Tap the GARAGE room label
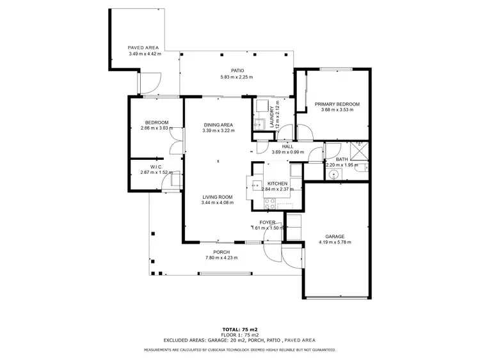(x=335, y=236)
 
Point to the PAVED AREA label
(x=144, y=48)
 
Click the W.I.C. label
(x=148, y=166)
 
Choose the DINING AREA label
(x=218, y=125)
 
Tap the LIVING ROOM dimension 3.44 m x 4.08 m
(x=218, y=203)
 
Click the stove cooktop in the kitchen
(x=270, y=203)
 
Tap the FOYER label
(x=267, y=222)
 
